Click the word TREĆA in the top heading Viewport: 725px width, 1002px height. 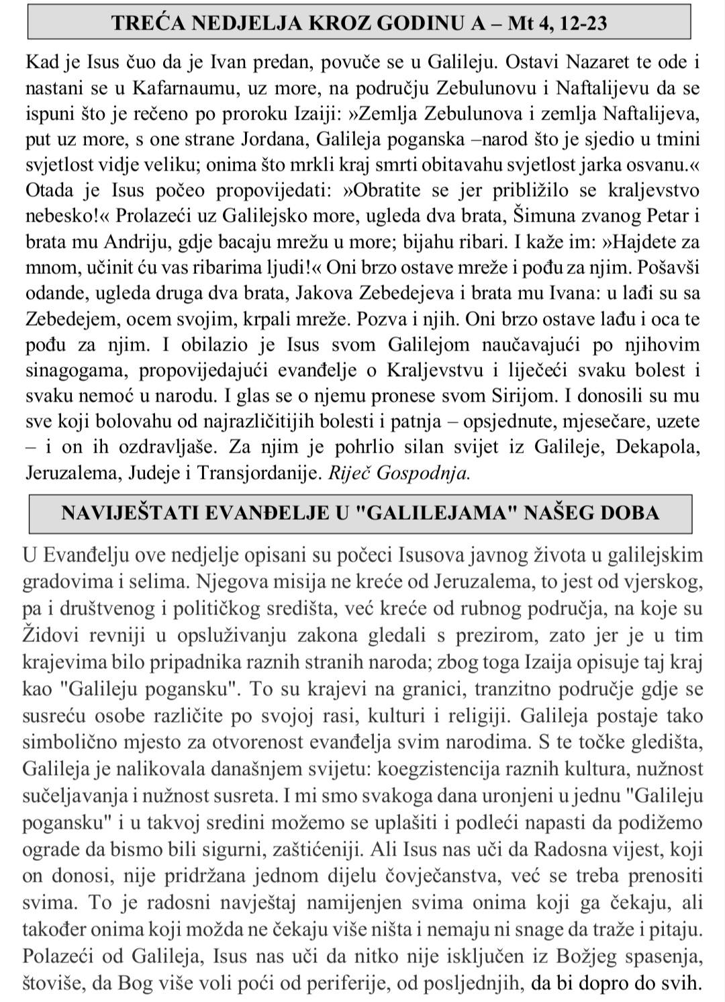tap(146, 24)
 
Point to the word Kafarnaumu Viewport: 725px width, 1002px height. tap(177, 88)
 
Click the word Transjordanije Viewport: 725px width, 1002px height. tap(259, 473)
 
